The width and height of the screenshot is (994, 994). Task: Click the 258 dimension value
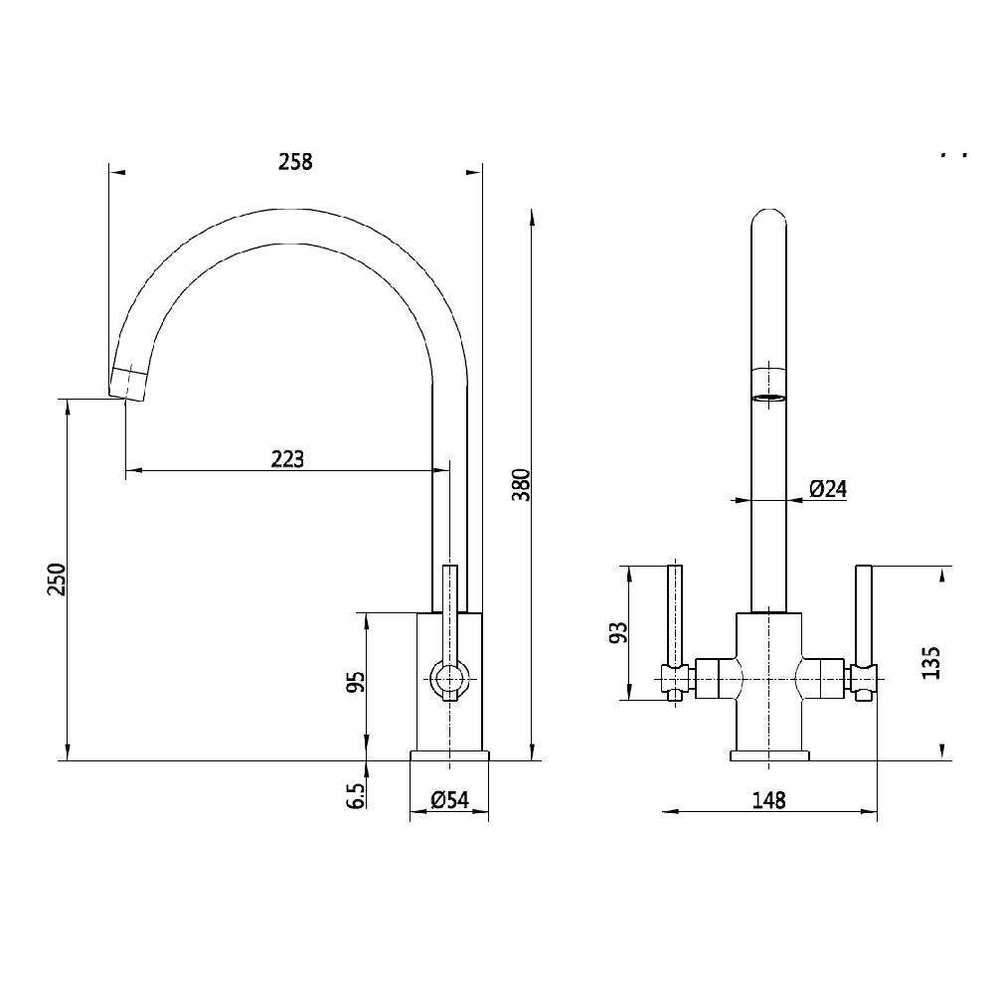(295, 162)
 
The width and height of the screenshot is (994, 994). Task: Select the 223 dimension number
(287, 459)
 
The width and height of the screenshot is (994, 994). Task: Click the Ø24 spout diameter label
(827, 488)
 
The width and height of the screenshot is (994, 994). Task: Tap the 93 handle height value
(618, 633)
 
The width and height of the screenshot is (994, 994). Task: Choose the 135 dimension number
(930, 662)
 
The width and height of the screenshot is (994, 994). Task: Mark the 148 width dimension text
(769, 800)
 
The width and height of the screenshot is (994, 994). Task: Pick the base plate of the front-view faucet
(769, 755)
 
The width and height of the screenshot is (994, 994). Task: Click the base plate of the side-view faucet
(449, 755)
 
